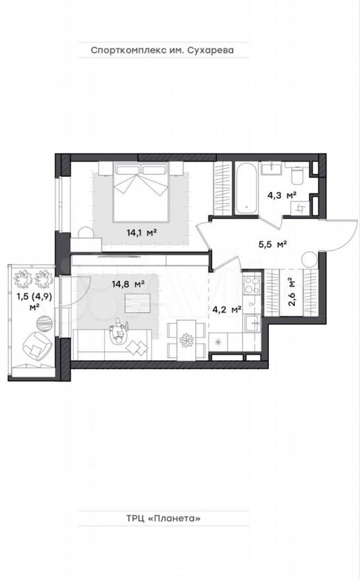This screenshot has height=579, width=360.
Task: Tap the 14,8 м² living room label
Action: (x=128, y=284)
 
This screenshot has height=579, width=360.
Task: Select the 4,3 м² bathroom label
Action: (x=282, y=195)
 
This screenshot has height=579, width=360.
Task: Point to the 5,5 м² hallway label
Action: (x=272, y=244)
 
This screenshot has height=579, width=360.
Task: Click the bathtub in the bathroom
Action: (x=247, y=189)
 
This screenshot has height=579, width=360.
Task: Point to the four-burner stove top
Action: (x=252, y=286)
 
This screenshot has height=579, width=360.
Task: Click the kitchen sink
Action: (x=253, y=324)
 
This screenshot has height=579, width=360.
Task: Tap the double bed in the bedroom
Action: (x=141, y=192)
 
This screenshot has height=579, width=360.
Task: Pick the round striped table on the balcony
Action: (x=44, y=323)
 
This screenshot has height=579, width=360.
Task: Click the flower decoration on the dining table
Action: (x=186, y=340)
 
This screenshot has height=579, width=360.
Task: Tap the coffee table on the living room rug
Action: (x=138, y=303)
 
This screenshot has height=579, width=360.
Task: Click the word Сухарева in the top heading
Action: (x=211, y=50)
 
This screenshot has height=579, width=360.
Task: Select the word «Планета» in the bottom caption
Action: (x=174, y=518)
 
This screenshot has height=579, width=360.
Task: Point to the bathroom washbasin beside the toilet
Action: (x=272, y=168)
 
